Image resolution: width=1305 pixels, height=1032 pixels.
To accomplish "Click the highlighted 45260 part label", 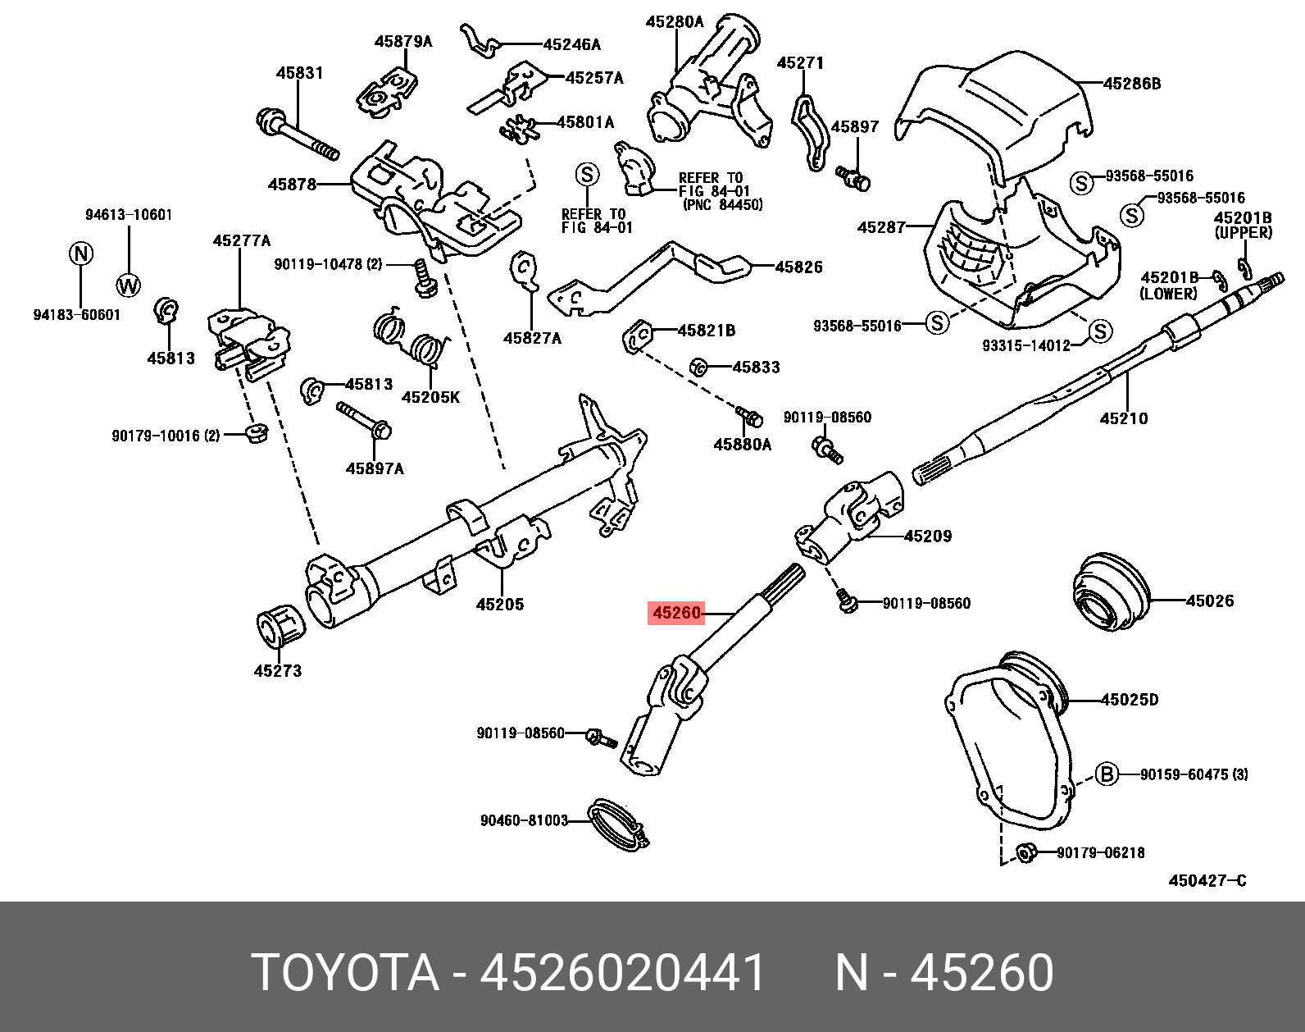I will (x=676, y=613).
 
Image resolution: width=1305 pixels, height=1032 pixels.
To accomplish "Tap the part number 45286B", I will (x=1132, y=83).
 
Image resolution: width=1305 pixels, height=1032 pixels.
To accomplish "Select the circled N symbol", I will (x=81, y=253).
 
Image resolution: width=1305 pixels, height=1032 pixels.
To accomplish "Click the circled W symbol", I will (x=129, y=285).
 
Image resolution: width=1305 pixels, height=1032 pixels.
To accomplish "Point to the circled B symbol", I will (x=1107, y=774).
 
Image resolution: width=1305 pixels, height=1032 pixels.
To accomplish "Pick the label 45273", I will (x=277, y=670).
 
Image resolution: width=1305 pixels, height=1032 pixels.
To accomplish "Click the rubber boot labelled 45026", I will (x=1111, y=596).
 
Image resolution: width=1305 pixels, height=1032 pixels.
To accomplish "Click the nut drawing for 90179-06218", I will (x=1025, y=853).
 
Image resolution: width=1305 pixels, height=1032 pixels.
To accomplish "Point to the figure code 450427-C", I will (x=1207, y=880).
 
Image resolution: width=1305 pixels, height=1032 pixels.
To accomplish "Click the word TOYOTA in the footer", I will (x=345, y=974).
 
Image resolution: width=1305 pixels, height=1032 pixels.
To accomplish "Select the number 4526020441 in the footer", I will (x=623, y=974).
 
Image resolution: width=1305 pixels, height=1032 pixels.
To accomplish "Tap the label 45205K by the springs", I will (x=430, y=398).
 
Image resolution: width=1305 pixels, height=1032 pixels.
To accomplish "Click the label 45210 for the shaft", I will (x=1123, y=418).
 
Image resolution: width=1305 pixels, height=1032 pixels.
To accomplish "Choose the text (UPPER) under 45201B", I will (x=1243, y=233).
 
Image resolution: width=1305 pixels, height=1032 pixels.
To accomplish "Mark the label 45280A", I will (x=674, y=22).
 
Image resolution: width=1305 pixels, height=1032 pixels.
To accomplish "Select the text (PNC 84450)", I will (x=722, y=204).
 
